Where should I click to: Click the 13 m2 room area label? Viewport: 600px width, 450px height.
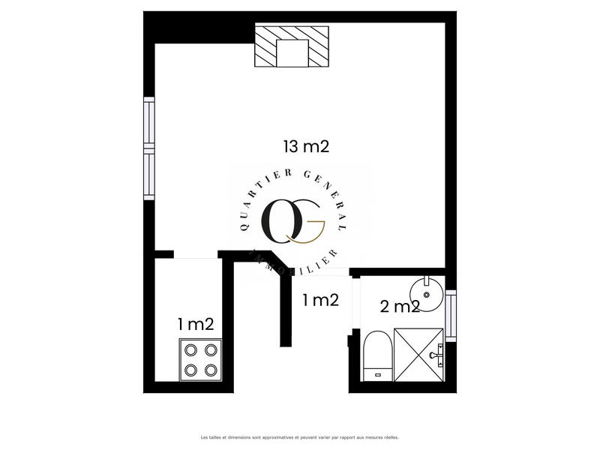(x=306, y=147)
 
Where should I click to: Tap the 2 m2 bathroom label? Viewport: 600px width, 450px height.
(x=400, y=306)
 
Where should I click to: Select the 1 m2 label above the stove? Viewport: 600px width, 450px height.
(x=196, y=324)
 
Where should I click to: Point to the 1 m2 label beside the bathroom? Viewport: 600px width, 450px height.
(x=320, y=301)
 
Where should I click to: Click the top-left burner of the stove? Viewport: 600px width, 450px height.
(x=190, y=350)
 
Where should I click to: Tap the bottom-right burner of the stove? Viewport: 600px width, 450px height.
(x=211, y=369)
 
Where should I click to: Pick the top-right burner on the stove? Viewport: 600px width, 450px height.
(x=211, y=350)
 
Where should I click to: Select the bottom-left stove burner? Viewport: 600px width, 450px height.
(x=190, y=369)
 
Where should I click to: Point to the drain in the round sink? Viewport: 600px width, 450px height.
(x=427, y=294)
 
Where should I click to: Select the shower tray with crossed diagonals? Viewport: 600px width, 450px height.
(x=417, y=355)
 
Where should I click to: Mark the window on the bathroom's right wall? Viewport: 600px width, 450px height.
(x=450, y=315)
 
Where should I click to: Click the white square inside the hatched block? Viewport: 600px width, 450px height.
(x=292, y=52)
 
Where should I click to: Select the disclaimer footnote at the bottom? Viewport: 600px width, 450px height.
(x=300, y=436)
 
